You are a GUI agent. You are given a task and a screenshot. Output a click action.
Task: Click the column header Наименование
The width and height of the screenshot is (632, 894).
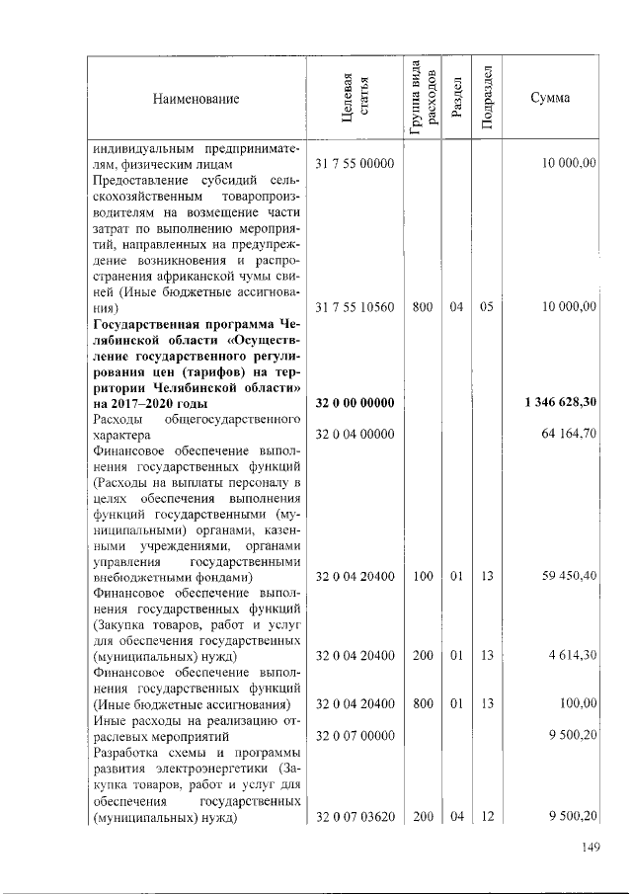196,100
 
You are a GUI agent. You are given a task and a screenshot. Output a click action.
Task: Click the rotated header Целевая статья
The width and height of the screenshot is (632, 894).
354,100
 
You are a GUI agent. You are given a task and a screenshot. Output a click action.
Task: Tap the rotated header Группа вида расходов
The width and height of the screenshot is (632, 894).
423,99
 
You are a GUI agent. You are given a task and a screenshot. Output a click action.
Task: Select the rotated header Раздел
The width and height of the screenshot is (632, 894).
455,100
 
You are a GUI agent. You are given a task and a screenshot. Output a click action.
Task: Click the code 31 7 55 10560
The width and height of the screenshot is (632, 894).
355,307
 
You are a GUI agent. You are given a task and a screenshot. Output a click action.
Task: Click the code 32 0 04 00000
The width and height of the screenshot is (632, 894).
355,435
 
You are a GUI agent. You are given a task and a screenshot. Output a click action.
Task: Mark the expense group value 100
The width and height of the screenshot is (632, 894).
423,577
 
